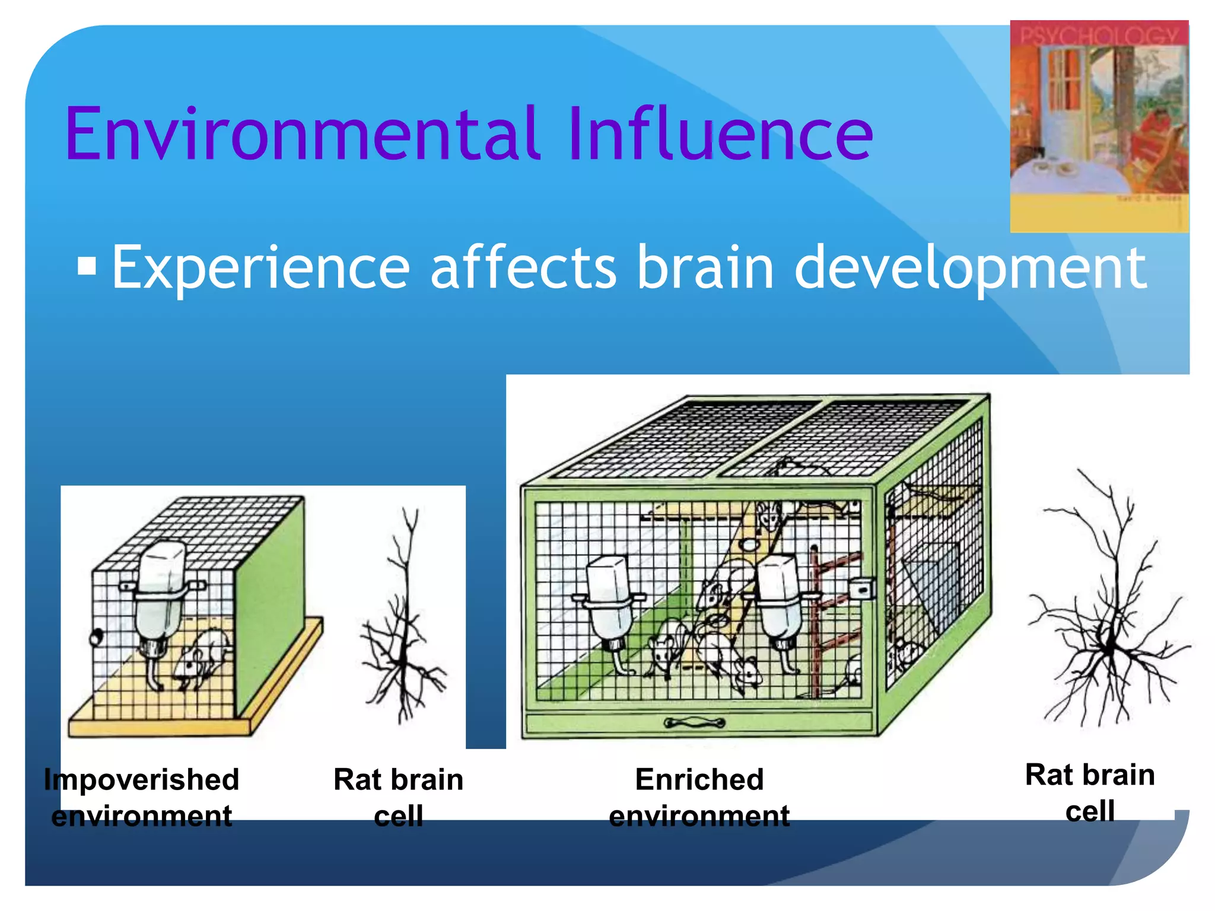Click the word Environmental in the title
(303, 133)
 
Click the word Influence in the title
(719, 133)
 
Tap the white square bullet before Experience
(87, 266)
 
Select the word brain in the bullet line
(705, 268)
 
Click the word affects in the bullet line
(523, 268)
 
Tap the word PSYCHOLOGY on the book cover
(1099, 36)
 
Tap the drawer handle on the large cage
(694, 722)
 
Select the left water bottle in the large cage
(608, 599)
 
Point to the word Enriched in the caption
(699, 779)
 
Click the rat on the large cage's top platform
(768, 515)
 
